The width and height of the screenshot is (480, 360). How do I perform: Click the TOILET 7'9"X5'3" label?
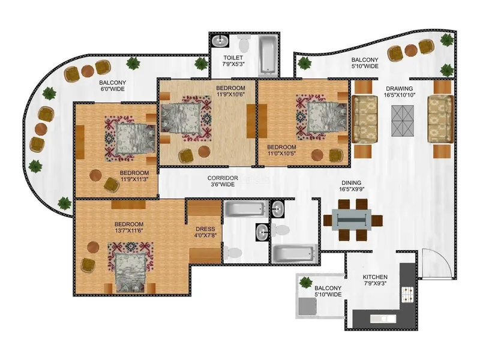233,61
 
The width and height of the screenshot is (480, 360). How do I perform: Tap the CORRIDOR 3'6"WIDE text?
223,181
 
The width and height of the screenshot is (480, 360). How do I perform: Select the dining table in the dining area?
352,220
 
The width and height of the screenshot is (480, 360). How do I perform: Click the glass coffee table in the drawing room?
403,121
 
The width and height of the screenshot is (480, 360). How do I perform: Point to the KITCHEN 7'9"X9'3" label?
376,280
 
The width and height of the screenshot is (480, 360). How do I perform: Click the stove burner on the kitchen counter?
408,295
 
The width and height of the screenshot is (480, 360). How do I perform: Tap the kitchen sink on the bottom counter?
383,319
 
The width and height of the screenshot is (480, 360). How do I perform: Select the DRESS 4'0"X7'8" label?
205,232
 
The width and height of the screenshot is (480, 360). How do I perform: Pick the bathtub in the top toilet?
269,56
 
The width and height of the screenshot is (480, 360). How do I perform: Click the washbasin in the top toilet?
220,40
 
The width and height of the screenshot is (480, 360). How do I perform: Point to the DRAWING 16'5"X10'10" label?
400,92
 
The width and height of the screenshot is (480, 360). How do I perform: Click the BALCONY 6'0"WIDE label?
112,86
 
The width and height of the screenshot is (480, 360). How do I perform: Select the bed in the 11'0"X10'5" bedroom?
327,117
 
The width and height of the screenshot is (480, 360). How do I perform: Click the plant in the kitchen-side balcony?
305,282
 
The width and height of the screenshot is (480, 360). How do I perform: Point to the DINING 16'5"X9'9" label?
352,186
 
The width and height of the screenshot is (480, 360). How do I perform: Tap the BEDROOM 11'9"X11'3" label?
134,176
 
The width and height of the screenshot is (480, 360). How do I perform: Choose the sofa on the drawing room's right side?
440,119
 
